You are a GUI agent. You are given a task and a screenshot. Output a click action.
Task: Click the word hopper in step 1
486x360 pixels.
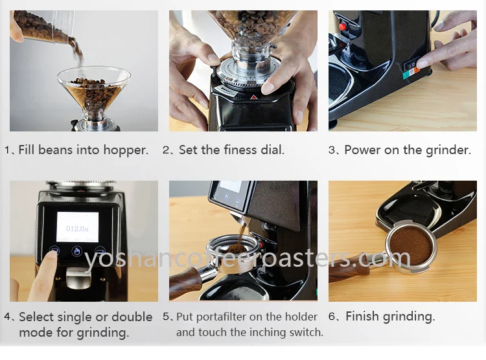click(126, 150)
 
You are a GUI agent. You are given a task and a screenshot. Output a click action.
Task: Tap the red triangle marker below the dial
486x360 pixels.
click(253, 97)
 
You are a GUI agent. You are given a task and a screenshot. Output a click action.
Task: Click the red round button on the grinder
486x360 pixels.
click(342, 27)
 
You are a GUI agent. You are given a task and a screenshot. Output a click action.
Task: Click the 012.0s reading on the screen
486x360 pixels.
click(77, 229)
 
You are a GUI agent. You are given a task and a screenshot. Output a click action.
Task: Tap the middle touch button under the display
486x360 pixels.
click(77, 251)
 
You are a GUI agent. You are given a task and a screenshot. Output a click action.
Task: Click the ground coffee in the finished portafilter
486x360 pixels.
click(411, 245)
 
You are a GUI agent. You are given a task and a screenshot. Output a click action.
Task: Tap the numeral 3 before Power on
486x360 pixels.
click(332, 150)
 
